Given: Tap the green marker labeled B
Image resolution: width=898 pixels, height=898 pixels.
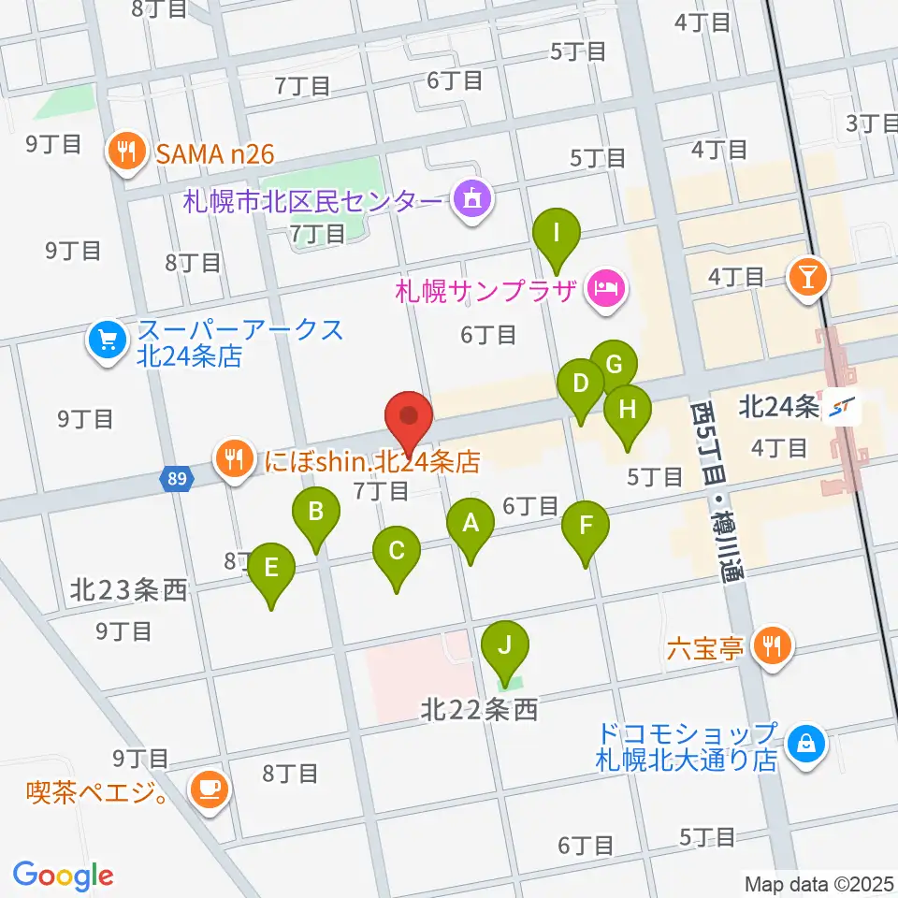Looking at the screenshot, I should pyautogui.click(x=316, y=513).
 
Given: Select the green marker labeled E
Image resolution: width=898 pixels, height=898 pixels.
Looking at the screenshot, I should pyautogui.click(x=271, y=568).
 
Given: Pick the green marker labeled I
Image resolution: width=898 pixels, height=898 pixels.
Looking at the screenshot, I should pyautogui.click(x=557, y=232).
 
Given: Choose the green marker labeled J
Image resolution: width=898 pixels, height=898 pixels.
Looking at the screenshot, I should pyautogui.click(x=506, y=645).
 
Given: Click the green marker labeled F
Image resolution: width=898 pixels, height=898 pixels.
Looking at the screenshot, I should pyautogui.click(x=586, y=526).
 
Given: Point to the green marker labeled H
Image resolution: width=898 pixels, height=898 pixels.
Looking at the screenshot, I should pyautogui.click(x=627, y=410).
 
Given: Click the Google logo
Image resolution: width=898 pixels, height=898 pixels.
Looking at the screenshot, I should pyautogui.click(x=63, y=875).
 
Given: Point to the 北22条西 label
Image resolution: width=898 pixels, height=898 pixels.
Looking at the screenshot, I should pyautogui.click(x=478, y=711).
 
